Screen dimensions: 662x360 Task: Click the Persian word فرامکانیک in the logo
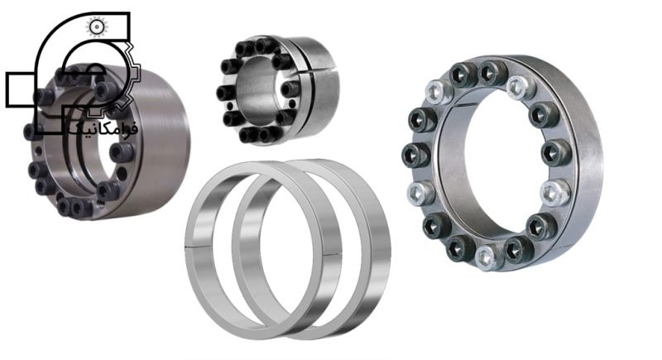(x=104, y=127)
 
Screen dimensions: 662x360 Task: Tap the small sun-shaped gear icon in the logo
(x=97, y=26)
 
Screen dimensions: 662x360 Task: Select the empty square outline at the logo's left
(x=20, y=89)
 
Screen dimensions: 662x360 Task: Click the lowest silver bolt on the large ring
(x=489, y=257)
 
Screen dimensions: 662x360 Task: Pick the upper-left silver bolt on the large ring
(x=439, y=92)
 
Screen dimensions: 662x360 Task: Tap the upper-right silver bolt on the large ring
(x=521, y=88)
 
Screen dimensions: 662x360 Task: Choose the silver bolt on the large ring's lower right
(x=554, y=193)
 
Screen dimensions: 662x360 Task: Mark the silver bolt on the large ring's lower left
(x=421, y=193)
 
